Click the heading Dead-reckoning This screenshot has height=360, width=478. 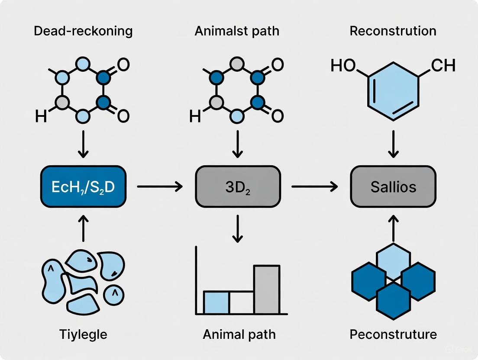point(83,32)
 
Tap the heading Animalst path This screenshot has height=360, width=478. point(237,32)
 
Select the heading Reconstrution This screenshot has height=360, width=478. point(393,32)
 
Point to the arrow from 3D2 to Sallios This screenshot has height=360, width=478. point(314,187)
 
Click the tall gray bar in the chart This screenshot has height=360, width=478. point(266,289)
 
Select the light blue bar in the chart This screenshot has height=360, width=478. point(216,302)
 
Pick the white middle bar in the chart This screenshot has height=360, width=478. point(241,302)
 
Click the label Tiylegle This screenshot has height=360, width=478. point(83,334)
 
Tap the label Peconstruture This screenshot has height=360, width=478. point(393,334)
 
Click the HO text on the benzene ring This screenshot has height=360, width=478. point(343,66)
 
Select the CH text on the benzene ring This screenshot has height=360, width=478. point(443,66)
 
